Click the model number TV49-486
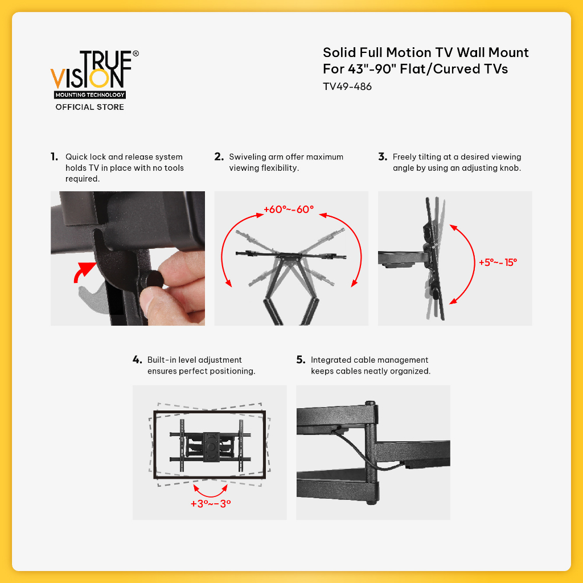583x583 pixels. (347, 87)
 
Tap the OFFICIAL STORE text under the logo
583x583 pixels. (89, 107)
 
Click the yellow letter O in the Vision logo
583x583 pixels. (99, 78)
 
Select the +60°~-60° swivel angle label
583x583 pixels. (289, 210)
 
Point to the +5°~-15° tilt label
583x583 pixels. (498, 262)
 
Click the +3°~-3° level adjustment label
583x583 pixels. (211, 504)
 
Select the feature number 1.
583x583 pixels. (54, 157)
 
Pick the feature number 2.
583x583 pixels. (219, 157)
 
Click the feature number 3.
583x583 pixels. (383, 157)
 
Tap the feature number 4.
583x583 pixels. (137, 360)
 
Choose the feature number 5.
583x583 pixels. (301, 360)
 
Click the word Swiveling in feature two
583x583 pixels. (247, 157)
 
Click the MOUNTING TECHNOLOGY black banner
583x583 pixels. (90, 95)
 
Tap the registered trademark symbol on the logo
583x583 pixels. (136, 54)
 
